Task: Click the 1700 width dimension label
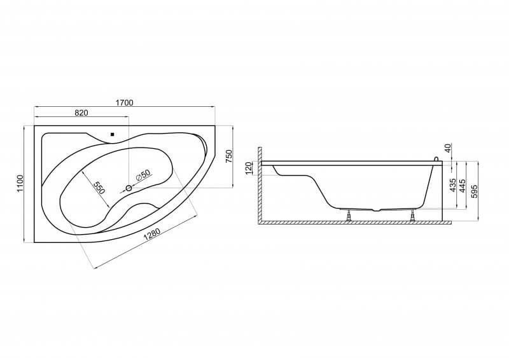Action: click(124, 102)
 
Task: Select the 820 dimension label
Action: click(81, 113)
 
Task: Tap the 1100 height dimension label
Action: click(20, 183)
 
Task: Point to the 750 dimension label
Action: click(229, 156)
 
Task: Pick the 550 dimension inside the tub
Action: click(99, 187)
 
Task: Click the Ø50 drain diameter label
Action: click(143, 176)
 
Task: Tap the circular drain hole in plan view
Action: click(129, 188)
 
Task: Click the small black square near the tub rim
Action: click(113, 134)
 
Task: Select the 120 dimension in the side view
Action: click(249, 168)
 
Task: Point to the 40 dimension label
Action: click(447, 149)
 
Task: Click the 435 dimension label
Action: click(454, 185)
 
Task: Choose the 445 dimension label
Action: click(463, 185)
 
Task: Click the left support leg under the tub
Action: click(349, 215)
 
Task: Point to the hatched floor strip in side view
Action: click(354, 223)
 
